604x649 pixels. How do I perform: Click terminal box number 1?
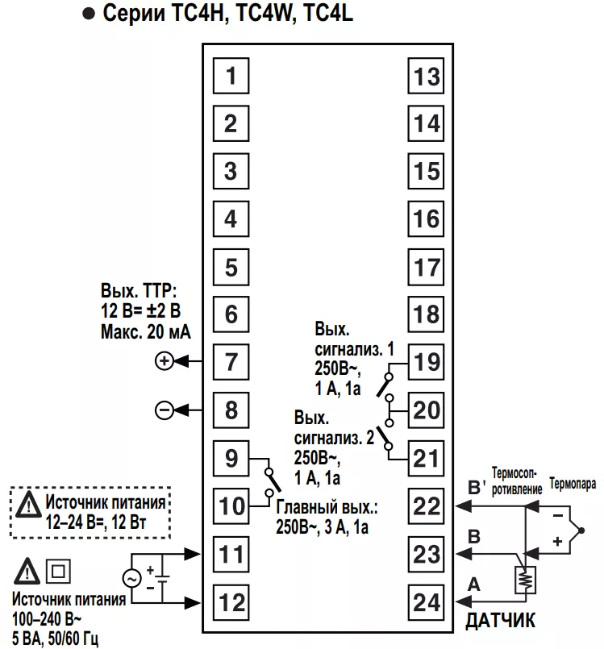pos(231,76)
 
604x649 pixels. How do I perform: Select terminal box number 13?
pos(426,76)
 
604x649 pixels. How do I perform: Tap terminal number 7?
pos(231,362)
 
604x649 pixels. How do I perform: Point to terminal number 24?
pos(426,602)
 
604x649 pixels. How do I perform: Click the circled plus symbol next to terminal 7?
pos(165,361)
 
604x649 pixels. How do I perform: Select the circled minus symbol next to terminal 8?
pos(165,410)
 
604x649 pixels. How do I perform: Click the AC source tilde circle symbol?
pos(132,578)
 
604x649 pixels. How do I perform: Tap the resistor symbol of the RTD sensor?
pos(525,580)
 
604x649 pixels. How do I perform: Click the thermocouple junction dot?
pos(581,530)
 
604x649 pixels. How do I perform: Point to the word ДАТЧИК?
pos(500,621)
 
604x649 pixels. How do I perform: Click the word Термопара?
pos(573,484)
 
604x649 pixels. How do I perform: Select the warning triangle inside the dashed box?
pos(28,505)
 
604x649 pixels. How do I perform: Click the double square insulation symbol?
pos(58,571)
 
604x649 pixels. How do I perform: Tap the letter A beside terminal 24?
pos(473,585)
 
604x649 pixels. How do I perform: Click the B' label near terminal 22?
pos(477,487)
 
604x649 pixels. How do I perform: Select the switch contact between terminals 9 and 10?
pos(272,482)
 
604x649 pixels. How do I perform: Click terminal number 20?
pos(426,410)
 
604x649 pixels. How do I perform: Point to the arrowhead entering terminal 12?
pos(192,603)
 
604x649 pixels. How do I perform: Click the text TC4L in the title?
pos(328,13)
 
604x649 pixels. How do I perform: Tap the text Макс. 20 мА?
pos(146,332)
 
